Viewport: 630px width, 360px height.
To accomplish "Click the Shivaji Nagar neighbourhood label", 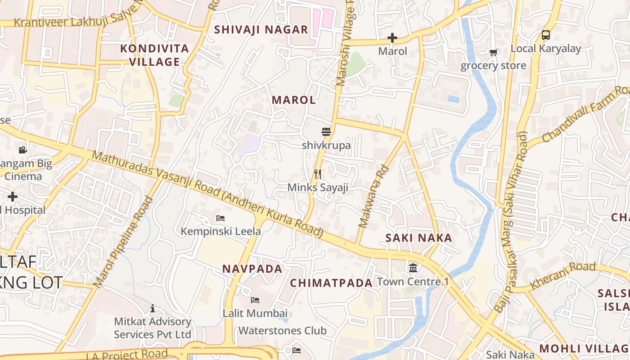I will [x=261, y=30].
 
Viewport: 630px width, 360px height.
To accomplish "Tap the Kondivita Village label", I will [x=155, y=55].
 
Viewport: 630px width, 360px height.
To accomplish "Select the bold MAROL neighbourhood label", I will [x=294, y=100].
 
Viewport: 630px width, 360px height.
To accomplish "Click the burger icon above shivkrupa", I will [x=326, y=132].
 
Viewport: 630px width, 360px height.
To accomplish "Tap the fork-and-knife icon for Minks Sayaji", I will [x=318, y=174].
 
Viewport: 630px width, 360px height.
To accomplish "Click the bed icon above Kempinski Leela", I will [x=220, y=218].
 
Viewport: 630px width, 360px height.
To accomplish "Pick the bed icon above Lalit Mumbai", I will [x=255, y=300].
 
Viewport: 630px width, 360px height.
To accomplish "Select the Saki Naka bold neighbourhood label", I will [x=418, y=238].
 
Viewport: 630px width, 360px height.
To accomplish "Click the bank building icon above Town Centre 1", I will [x=413, y=268].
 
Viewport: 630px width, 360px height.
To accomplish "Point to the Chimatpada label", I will [x=331, y=283].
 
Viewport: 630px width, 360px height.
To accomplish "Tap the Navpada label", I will [x=252, y=269].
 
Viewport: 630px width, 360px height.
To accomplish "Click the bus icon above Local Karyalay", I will [x=545, y=35].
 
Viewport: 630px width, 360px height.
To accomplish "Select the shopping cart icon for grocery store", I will [x=494, y=53].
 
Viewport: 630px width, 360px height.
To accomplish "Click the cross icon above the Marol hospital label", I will [x=392, y=38].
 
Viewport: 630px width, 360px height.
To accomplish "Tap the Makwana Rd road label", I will [x=373, y=197].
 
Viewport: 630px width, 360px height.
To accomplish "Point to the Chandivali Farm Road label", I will [x=585, y=115].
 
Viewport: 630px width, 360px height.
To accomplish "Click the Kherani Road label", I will [x=562, y=275].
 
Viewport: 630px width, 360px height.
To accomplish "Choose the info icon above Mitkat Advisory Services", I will [x=153, y=308].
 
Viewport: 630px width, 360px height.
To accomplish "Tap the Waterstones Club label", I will [x=282, y=331].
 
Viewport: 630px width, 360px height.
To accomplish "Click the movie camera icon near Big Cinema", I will [x=22, y=150].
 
